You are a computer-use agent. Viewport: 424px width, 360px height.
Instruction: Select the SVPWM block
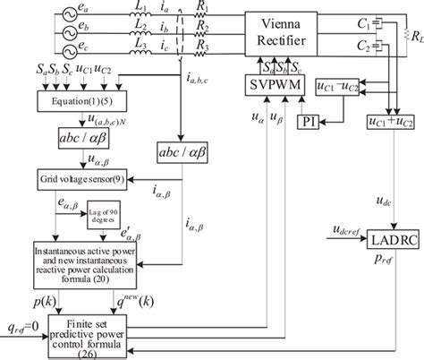pyautogui.click(x=276, y=86)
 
